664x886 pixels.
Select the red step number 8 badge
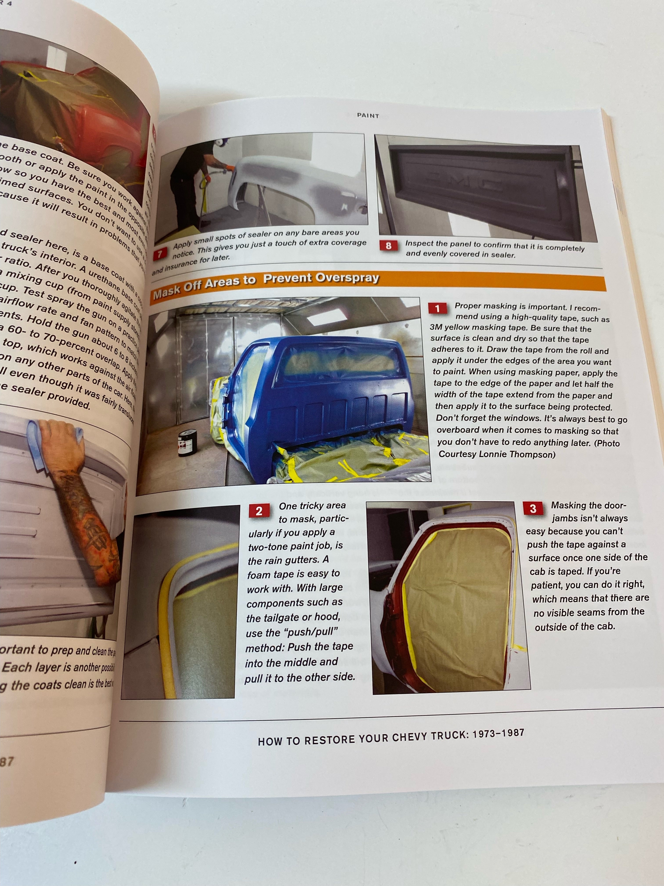[x=388, y=245]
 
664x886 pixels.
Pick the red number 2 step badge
[x=259, y=511]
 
